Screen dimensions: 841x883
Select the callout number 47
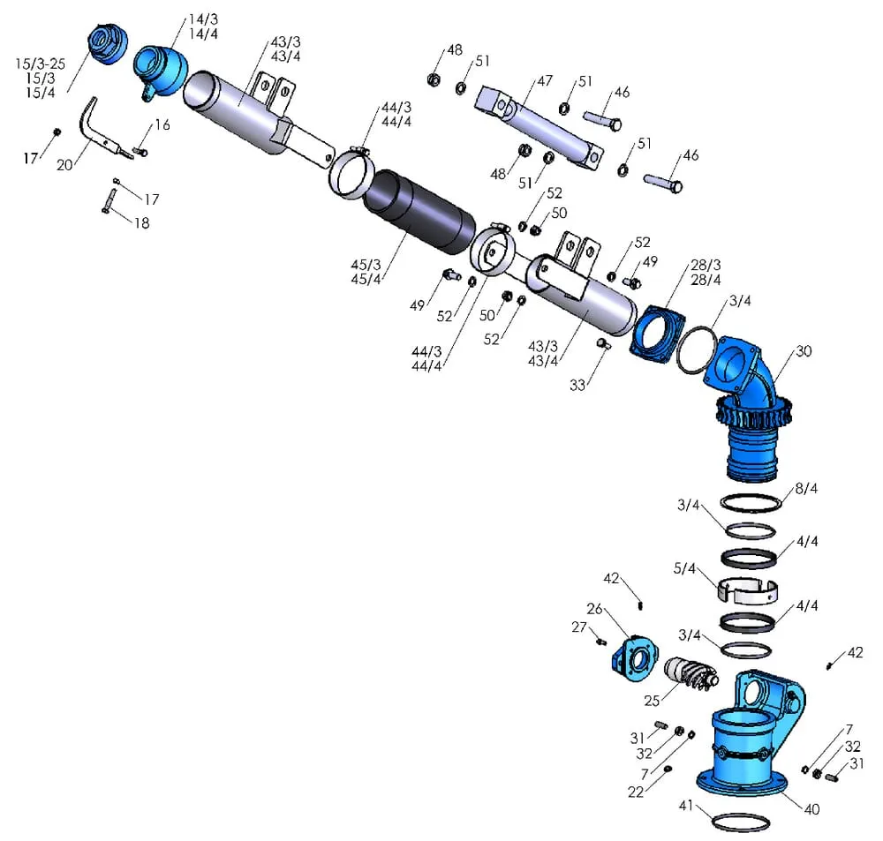[x=545, y=80]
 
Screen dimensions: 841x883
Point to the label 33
[x=577, y=385]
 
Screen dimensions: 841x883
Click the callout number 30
[x=803, y=350]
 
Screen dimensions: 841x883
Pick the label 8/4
[x=806, y=488]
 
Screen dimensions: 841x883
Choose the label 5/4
[x=686, y=569]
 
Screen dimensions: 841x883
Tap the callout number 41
[x=686, y=804]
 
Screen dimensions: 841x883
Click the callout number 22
[x=636, y=792]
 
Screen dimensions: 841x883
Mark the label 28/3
[x=706, y=265]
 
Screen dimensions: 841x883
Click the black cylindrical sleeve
[x=419, y=213]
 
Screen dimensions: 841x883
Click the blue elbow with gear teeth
[x=749, y=406]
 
